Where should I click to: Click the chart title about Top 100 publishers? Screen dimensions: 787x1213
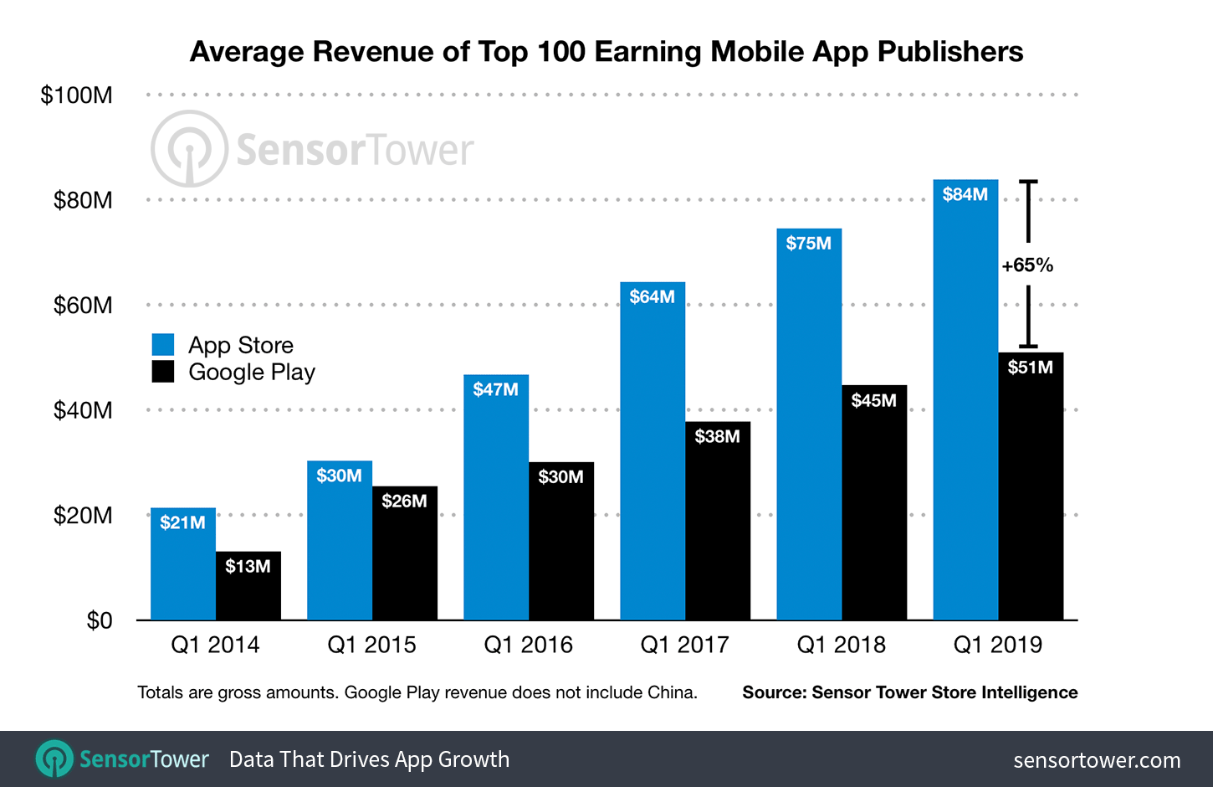606,52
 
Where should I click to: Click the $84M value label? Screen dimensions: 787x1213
965,194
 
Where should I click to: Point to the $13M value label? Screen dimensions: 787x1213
248,567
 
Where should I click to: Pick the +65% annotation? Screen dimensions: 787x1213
1027,265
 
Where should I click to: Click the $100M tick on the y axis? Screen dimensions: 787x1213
76,95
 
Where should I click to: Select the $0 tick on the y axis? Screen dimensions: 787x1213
99,620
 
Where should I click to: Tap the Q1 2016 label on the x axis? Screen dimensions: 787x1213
528,645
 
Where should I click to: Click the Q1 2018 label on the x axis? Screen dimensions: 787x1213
841,645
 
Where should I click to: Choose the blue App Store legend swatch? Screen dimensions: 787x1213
163,345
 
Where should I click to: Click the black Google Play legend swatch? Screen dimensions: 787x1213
163,372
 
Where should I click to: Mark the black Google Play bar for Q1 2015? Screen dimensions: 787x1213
405,561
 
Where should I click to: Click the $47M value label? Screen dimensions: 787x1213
495,389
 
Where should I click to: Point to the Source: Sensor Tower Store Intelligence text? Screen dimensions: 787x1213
909,692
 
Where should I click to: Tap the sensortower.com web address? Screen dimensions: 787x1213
1097,760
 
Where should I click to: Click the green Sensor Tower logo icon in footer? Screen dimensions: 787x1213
54,759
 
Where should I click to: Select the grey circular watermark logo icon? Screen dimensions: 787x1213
189,149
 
